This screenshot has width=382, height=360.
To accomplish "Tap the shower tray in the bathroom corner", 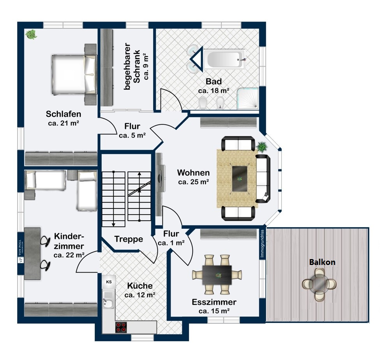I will point(248,98).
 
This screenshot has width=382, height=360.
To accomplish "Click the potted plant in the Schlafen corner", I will point(31,35).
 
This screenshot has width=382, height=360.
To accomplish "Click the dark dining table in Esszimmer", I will point(217,275).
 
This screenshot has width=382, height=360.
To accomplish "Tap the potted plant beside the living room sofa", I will point(262,147).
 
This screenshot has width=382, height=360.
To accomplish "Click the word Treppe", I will point(128,239).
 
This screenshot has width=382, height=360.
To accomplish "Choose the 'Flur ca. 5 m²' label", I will point(132,131).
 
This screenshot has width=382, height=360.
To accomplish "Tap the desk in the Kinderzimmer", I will point(33,253).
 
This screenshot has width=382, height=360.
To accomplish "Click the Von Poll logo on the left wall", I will point(21,248).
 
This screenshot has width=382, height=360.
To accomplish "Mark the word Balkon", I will point(322,262).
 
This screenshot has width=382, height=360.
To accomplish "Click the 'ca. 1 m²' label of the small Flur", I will point(171,243).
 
